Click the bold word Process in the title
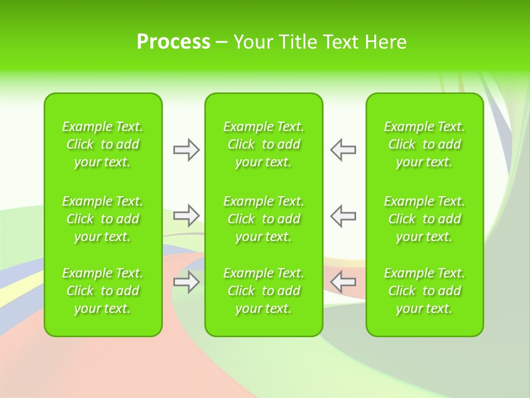click(x=173, y=42)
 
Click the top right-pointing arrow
click(x=186, y=150)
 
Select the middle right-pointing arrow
click(x=186, y=215)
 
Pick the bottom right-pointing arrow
click(x=186, y=282)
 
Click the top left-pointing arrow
click(x=343, y=150)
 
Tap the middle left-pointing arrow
click(x=343, y=215)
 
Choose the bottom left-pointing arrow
click(x=343, y=282)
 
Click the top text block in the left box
click(x=103, y=144)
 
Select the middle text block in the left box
click(x=103, y=219)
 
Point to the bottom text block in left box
click(x=103, y=291)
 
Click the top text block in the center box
click(x=264, y=144)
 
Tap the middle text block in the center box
click(x=264, y=219)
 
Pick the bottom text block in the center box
click(x=264, y=291)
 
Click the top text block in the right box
click(x=425, y=144)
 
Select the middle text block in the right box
click(x=425, y=219)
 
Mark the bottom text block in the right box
click(x=425, y=291)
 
